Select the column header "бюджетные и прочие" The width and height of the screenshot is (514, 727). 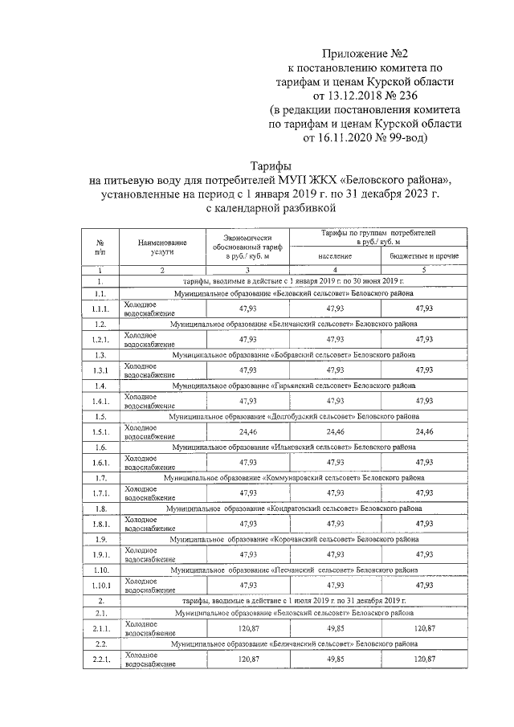coord(424,255)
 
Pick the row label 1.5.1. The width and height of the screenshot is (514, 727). coord(101,431)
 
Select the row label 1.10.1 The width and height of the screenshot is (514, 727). coord(101,585)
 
